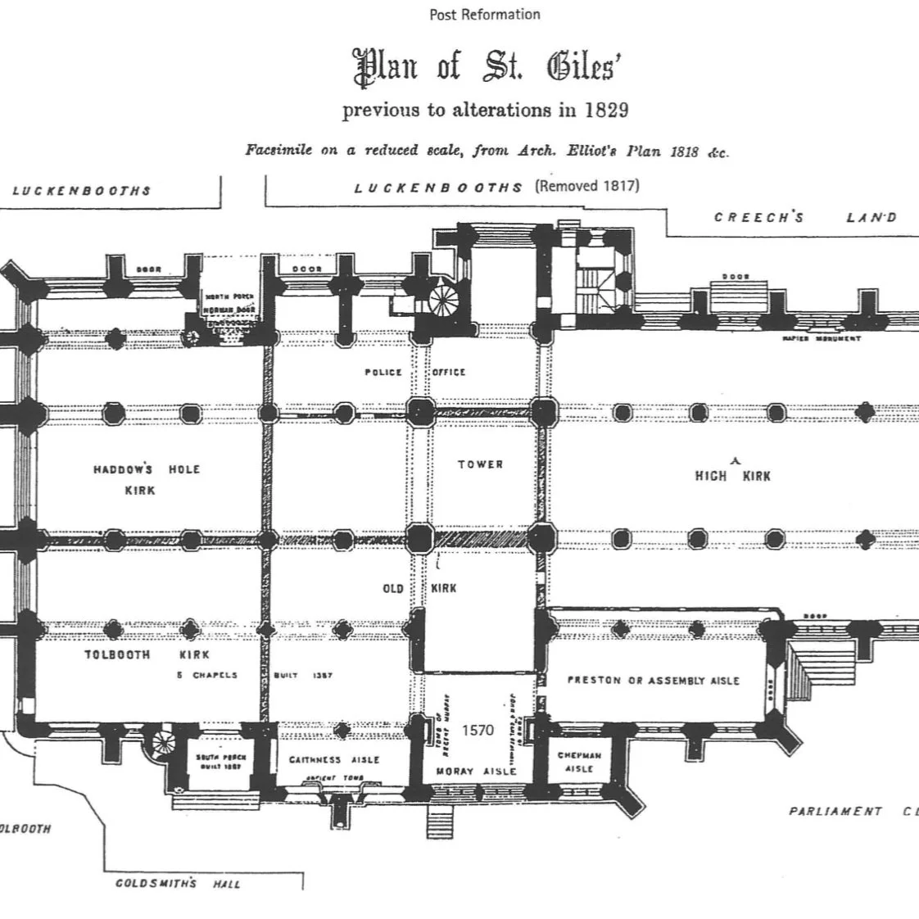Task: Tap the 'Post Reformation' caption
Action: pos(485,14)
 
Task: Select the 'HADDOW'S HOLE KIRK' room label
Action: pos(146,479)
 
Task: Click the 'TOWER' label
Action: pos(481,464)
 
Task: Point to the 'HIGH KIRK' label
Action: pos(732,475)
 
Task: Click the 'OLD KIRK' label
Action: pos(419,588)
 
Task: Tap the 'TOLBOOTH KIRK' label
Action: pos(147,654)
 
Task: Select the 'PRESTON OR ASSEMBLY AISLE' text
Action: pos(653,681)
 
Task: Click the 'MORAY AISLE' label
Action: pos(476,771)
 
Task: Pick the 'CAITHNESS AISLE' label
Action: pos(334,760)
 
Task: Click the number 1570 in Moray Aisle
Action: pos(478,729)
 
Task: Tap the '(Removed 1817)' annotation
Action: pos(587,185)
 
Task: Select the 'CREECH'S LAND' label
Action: pos(805,217)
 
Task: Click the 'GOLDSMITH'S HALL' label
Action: pos(178,884)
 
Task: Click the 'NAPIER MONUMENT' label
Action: pos(821,338)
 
